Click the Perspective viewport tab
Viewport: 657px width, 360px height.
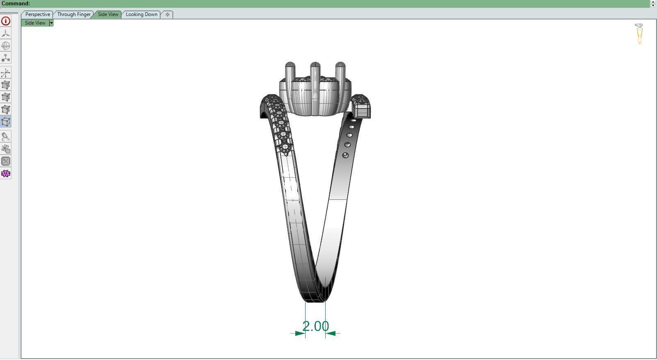(x=37, y=14)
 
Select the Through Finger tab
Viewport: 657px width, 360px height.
(x=74, y=14)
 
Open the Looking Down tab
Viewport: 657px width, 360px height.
(x=141, y=14)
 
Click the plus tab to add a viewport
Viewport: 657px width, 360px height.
(x=167, y=14)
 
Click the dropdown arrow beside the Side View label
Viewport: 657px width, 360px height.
(x=51, y=23)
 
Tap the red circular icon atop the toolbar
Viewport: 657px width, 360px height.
(x=6, y=21)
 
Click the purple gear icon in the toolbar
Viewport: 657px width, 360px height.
(x=6, y=173)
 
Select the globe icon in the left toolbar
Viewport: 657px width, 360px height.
(x=6, y=46)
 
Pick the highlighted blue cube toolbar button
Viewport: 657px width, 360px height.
(x=6, y=122)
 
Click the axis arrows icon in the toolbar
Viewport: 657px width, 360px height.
(x=6, y=73)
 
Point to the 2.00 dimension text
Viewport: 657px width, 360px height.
(x=315, y=326)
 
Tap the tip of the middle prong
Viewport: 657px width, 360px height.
(x=315, y=64)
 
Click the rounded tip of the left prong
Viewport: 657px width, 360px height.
(x=290, y=64)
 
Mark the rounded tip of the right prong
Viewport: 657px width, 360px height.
(x=340, y=64)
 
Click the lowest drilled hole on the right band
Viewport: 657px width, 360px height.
(x=345, y=155)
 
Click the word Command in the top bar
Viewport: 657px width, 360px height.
(x=16, y=3)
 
